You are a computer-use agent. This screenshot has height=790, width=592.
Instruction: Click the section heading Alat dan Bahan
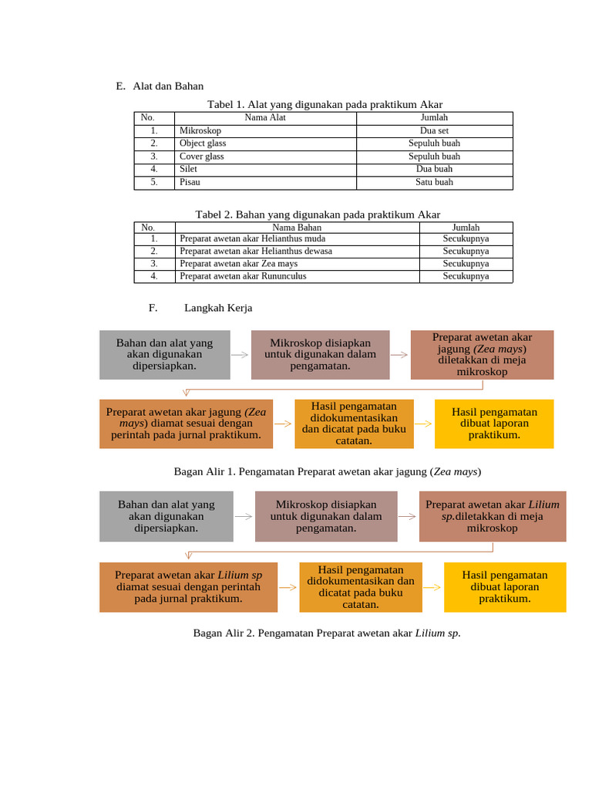click(x=167, y=86)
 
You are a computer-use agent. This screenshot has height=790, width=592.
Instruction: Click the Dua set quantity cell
click(x=434, y=130)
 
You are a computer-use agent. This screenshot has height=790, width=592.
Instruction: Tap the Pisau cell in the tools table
click(x=190, y=182)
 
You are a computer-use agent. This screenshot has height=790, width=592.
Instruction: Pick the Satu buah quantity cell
click(x=434, y=182)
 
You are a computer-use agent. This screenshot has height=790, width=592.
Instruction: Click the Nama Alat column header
click(x=265, y=117)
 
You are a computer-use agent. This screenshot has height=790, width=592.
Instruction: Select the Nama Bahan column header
click(x=297, y=228)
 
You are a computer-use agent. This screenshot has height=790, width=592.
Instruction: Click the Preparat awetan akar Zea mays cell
click(x=238, y=263)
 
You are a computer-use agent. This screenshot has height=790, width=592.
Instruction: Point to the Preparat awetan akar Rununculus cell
click(x=243, y=275)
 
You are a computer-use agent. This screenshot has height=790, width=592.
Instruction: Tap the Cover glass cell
click(x=201, y=157)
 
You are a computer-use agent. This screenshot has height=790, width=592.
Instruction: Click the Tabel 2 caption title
click(x=318, y=214)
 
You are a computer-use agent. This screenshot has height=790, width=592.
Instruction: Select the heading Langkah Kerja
click(x=217, y=308)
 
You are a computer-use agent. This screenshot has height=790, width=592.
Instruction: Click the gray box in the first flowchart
click(x=165, y=355)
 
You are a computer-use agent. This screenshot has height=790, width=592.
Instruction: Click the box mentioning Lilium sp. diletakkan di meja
click(x=493, y=516)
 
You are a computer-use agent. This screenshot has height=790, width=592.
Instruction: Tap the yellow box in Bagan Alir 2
click(x=504, y=586)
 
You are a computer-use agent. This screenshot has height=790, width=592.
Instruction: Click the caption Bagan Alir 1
click(x=327, y=471)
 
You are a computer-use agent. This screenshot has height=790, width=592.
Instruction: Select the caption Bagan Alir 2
click(x=327, y=633)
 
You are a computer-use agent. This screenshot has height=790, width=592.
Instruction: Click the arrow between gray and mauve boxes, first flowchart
click(x=240, y=355)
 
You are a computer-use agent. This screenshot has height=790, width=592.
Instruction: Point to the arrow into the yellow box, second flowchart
click(x=432, y=586)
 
